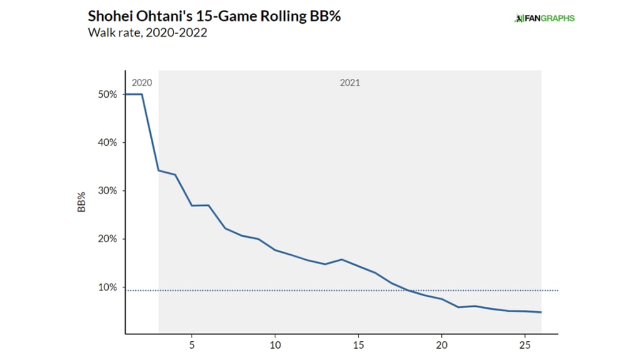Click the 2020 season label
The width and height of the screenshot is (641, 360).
pos(141,83)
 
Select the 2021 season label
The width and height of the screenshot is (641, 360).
pos(350,83)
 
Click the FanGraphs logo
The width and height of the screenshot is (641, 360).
pos(544,18)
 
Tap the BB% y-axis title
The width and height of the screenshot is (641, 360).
pos(81,203)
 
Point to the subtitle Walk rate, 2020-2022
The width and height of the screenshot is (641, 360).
pos(148,33)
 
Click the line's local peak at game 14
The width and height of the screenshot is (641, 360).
pos(342,259)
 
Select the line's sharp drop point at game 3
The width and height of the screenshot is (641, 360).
pos(159,170)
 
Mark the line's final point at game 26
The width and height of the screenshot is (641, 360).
pos(541,312)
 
